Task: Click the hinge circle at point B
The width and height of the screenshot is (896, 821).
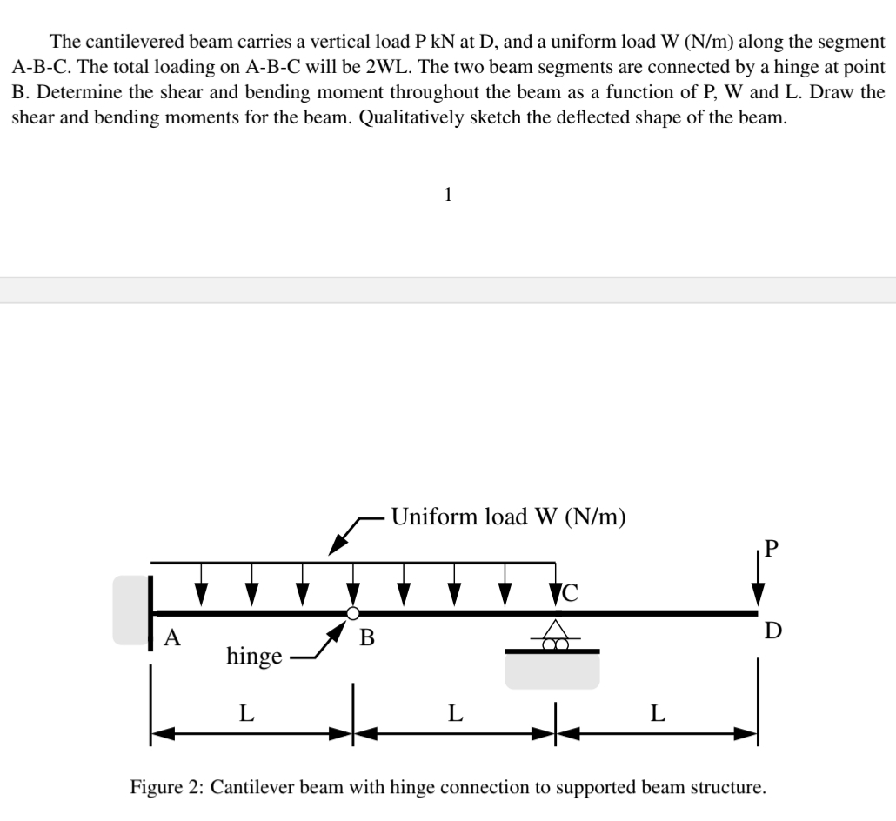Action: [x=352, y=613]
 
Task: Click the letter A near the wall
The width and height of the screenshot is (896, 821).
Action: [x=173, y=639]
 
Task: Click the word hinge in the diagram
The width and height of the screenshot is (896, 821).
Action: [x=253, y=656]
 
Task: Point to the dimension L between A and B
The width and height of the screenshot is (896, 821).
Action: [x=247, y=715]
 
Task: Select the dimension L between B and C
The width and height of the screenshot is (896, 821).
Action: [x=454, y=715]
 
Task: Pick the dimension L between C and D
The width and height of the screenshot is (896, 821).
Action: [x=658, y=715]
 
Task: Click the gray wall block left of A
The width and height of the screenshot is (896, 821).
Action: [x=130, y=609]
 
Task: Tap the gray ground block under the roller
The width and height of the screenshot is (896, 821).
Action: [x=552, y=671]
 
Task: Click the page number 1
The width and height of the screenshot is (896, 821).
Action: [x=447, y=196]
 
